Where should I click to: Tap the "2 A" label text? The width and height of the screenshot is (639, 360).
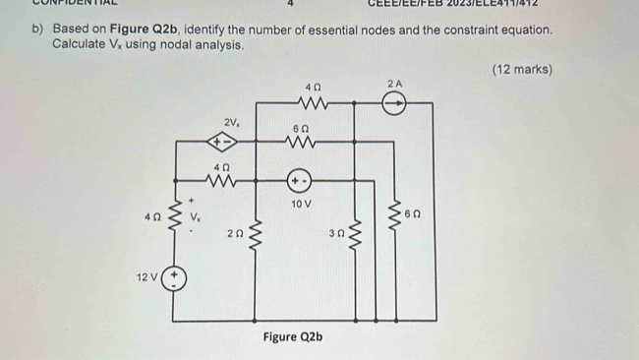[x=394, y=84]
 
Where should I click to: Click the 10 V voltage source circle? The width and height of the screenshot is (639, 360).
[x=298, y=181]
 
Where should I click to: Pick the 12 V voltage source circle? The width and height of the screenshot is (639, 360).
[x=175, y=278]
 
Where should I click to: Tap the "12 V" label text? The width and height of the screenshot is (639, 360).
[x=146, y=278]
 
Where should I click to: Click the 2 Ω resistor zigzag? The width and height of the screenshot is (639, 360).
[x=258, y=234]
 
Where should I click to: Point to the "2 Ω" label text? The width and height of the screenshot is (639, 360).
[x=234, y=233]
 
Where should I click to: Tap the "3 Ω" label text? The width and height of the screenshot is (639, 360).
[x=336, y=233]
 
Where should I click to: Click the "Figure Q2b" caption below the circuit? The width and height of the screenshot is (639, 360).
[x=291, y=337]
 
